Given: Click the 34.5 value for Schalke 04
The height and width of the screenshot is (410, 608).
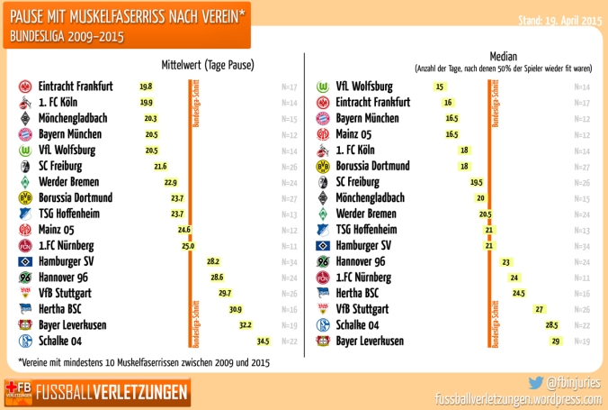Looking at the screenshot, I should [x=263, y=342].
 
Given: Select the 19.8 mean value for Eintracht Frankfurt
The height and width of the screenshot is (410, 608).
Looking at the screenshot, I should [x=146, y=87].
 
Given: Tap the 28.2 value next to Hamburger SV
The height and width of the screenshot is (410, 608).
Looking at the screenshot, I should [x=213, y=261].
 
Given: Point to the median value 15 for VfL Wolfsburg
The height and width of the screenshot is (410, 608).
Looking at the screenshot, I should [x=440, y=87].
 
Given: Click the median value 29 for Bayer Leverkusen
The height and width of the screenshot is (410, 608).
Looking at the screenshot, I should [x=556, y=342].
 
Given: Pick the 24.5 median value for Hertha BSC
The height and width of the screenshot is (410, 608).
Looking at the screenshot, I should [x=519, y=294].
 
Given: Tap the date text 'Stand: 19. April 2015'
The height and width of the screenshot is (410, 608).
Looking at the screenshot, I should [x=559, y=19].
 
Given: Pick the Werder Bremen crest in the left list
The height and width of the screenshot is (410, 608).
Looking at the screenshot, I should [x=25, y=183].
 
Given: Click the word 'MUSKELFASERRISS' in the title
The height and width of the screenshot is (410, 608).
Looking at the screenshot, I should [x=121, y=17].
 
